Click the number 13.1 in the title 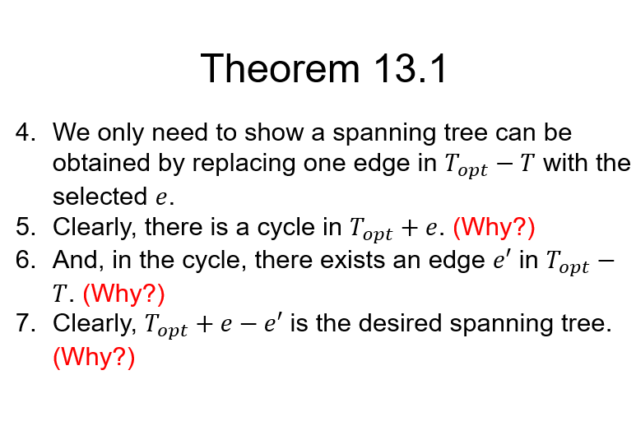tap(409, 68)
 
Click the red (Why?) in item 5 tap(494, 227)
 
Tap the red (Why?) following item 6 tap(124, 293)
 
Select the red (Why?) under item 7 tap(93, 357)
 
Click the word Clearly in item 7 tap(93, 323)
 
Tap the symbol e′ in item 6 tap(501, 260)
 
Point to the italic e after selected tap(162, 198)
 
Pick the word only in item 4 tap(119, 132)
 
